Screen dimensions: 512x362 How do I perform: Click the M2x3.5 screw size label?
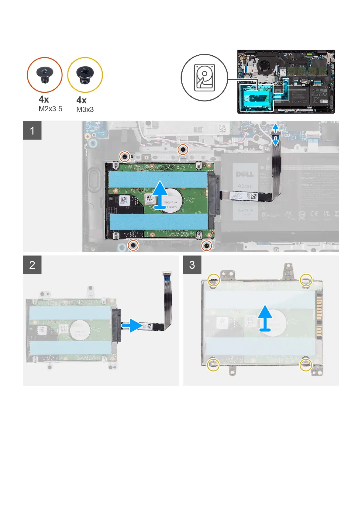pos(50,109)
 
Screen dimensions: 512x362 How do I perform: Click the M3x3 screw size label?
pos(85,110)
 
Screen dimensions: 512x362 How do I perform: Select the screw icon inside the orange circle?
pos(44,75)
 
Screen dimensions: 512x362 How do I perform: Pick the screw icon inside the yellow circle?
pos(85,75)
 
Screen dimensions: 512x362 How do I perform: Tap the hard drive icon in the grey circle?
pos(204,78)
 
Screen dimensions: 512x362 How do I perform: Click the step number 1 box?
pos(32,130)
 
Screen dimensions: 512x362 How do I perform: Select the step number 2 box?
pos(32,265)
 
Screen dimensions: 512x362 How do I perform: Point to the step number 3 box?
pos(192,265)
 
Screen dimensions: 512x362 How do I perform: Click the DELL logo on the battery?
pos(245,174)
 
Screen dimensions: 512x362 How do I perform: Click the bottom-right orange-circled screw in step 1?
pos(206,245)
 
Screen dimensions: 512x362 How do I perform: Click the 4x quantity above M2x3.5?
pos(44,99)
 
